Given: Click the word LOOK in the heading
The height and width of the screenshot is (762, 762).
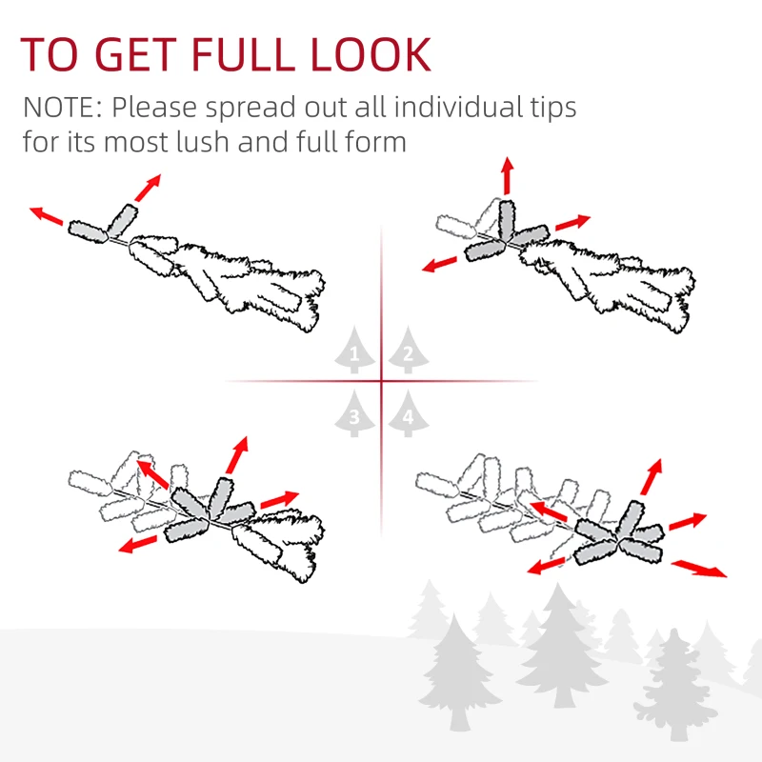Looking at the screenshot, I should pos(371,55).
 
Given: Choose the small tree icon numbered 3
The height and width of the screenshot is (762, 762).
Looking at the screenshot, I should pos(355,415).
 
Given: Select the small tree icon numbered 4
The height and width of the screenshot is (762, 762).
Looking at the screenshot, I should pos(407,415).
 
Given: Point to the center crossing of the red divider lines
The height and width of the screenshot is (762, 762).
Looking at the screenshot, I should pos(381,382).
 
